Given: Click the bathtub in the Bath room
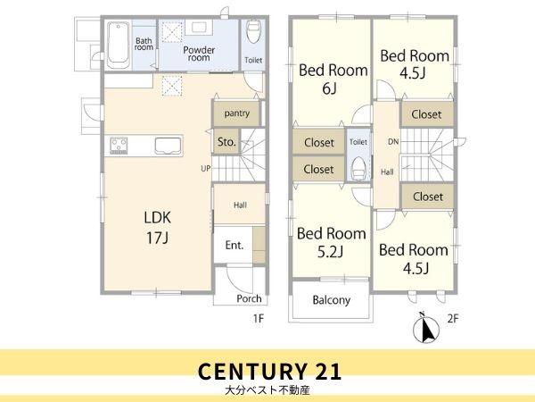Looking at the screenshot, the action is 118,45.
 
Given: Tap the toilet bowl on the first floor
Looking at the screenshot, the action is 253,32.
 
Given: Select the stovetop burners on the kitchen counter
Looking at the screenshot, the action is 119,146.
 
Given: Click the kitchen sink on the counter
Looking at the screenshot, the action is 168,146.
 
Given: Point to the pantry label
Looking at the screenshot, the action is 237,113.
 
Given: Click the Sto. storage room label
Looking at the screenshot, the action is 226,141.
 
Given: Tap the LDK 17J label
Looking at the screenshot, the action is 157,228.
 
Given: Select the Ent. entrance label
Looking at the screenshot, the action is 234,245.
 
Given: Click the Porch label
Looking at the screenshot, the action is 249,298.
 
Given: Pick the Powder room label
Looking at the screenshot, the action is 199,54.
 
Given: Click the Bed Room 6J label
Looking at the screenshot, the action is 333,80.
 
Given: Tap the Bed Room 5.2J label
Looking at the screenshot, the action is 331,243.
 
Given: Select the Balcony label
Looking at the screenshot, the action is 332,300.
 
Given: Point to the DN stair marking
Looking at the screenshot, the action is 393,141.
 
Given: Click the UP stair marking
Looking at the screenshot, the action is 206,169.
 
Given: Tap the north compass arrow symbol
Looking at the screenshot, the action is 425,328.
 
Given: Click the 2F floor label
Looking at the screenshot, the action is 452,319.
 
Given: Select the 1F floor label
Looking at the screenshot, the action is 259,319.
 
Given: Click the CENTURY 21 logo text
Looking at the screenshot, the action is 269,372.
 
